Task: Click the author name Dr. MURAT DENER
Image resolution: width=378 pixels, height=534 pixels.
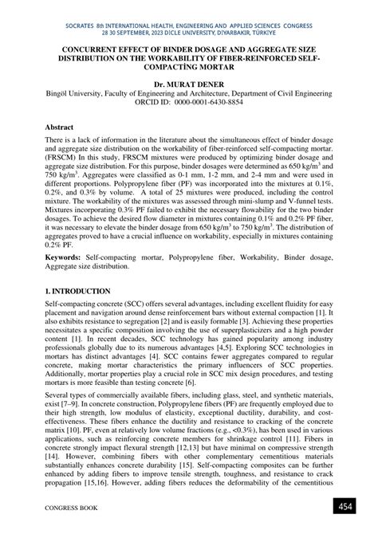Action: point(188,82)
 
